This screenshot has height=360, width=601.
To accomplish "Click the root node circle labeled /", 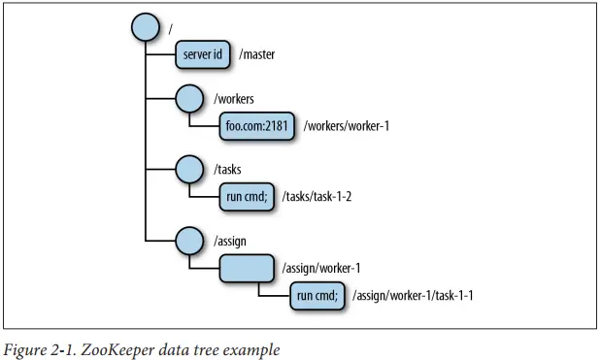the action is [146, 27].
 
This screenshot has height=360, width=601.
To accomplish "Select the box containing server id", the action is [203, 54].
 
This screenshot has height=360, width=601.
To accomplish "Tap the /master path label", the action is [256, 54].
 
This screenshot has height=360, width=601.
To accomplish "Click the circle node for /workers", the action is [189, 99].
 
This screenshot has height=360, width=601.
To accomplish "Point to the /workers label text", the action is [234, 99].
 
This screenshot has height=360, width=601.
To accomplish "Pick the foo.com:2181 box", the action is [256, 126].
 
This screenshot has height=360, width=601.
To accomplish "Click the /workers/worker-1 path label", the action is [347, 126].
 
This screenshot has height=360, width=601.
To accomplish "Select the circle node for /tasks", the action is [189, 169].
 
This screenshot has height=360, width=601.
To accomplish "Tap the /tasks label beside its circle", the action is [227, 169].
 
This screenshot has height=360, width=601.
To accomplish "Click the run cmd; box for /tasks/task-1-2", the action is [247, 197].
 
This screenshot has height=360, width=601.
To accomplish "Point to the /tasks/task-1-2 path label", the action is [317, 197].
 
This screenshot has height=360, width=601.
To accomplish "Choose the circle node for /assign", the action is [189, 241].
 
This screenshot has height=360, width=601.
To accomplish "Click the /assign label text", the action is [230, 242].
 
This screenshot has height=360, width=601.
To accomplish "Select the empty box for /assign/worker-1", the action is [247, 268].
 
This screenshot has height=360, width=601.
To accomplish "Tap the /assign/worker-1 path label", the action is [321, 268].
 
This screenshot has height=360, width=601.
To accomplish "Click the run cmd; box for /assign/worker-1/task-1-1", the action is [317, 296].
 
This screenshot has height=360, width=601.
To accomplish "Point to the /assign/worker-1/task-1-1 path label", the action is [413, 296].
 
